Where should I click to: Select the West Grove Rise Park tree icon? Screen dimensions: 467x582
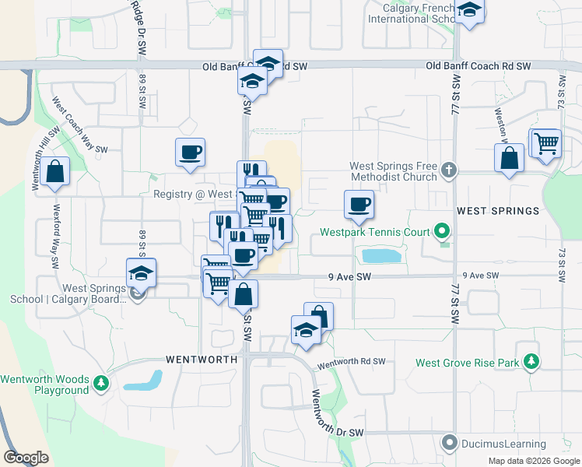531,362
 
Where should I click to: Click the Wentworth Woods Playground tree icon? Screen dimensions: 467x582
101,383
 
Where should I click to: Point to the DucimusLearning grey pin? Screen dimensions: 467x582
449,444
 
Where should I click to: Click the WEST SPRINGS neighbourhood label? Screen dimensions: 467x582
498,211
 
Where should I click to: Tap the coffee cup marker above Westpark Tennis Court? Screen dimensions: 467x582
359,204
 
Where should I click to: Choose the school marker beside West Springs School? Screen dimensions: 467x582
141,272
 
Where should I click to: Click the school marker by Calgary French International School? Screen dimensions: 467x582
469,10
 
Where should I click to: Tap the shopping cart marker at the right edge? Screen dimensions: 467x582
547,142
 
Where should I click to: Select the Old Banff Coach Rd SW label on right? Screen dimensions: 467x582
479,67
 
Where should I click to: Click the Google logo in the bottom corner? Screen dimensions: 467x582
26,458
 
